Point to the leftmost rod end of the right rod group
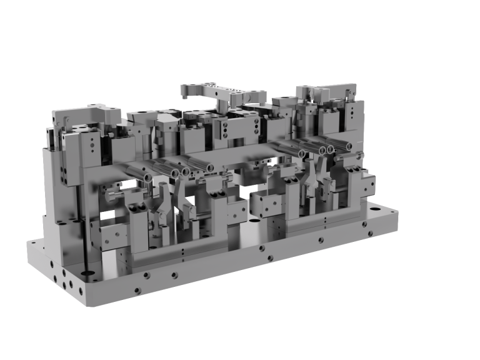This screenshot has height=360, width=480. pos(302,154)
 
